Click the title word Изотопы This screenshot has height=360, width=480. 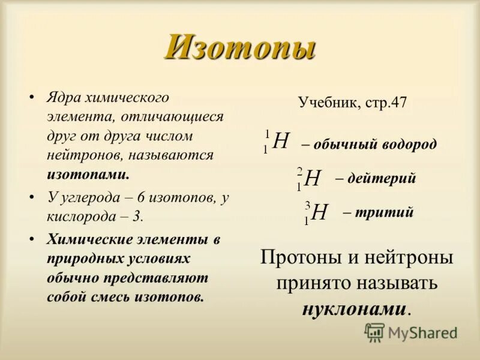click(240, 48)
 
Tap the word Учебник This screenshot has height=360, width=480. click(328, 102)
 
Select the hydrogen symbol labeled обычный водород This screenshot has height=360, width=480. click(281, 142)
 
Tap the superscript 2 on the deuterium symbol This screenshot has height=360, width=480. click(299, 171)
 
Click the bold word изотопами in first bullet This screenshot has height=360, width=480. click(87, 175)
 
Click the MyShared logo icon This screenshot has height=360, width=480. click(374, 332)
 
